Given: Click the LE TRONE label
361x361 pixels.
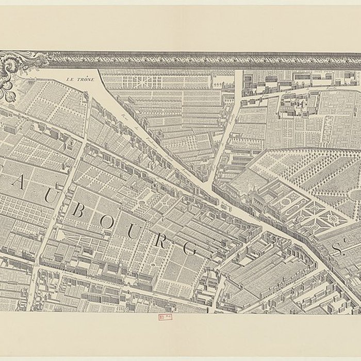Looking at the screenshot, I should click(79, 79).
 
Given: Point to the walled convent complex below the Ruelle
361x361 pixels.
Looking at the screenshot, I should click(294, 106).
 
